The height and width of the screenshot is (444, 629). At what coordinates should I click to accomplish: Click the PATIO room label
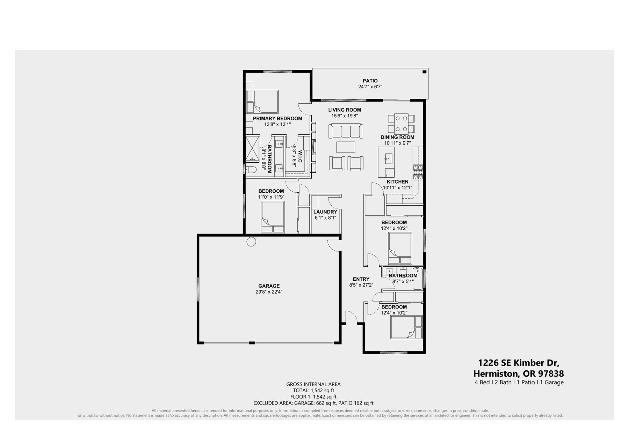tap(370, 81)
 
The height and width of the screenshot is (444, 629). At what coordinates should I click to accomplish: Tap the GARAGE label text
tap(269, 286)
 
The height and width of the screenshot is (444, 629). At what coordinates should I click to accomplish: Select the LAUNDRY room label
tap(325, 212)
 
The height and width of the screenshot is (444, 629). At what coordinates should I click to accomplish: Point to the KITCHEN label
tap(398, 182)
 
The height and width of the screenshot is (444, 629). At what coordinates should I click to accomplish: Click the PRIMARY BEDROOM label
tap(277, 118)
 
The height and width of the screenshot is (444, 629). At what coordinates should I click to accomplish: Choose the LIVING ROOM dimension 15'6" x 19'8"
tap(345, 116)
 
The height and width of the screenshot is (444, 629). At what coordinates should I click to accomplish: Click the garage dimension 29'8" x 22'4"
tap(269, 292)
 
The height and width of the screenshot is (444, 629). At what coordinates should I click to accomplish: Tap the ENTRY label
tap(361, 279)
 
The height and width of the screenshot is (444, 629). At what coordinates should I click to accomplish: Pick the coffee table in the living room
tap(346, 147)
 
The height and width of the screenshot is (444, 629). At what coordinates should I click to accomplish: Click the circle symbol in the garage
tap(251, 242)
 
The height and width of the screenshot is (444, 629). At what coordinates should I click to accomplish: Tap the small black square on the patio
tap(425, 72)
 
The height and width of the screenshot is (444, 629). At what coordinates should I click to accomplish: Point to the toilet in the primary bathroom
tap(250, 170)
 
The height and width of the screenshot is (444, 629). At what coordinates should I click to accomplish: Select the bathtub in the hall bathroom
tap(417, 278)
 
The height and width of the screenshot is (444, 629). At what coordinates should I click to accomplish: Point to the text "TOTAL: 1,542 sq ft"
tap(313, 391)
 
